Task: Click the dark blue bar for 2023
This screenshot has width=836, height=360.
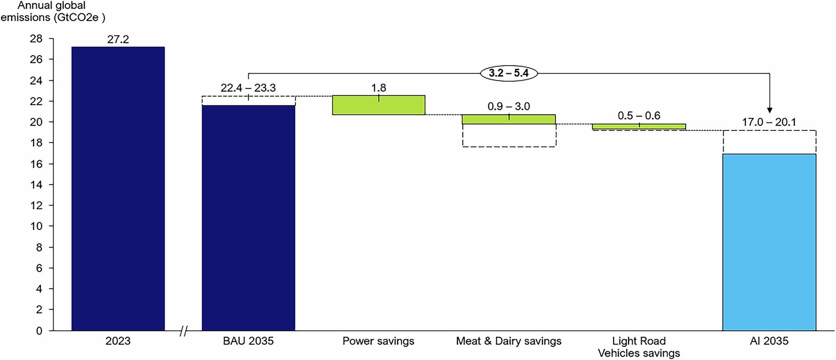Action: [x=118, y=188]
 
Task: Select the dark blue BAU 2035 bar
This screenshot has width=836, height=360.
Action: [x=248, y=217]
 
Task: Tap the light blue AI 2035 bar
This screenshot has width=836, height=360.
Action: [x=769, y=243]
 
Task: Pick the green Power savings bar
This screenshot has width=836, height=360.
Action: [x=379, y=105]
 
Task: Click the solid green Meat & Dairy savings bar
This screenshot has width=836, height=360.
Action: [x=509, y=120]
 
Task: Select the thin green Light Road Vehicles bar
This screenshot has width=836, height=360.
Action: [x=639, y=126]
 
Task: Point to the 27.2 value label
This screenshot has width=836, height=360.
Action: [x=118, y=40]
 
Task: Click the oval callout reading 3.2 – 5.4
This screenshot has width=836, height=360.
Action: [x=509, y=73]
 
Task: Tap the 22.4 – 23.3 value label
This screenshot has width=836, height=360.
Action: [x=248, y=88]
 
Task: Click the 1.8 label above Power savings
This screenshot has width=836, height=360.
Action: [x=379, y=88]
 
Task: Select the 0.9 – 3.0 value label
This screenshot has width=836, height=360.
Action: [x=509, y=106]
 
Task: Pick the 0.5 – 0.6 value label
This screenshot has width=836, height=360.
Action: [x=639, y=115]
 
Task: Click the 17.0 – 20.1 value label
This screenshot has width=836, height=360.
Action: [x=769, y=122]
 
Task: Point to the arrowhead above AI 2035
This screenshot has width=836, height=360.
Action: [x=770, y=110]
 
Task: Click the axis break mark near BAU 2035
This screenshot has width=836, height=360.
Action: [x=183, y=331]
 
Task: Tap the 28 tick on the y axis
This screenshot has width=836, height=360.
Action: [x=36, y=39]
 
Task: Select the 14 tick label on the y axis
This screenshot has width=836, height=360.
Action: [x=36, y=184]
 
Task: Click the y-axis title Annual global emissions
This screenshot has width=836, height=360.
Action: [x=52, y=12]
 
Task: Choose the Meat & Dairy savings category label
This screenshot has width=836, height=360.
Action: [x=509, y=341]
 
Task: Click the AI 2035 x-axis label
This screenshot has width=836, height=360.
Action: [x=769, y=341]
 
